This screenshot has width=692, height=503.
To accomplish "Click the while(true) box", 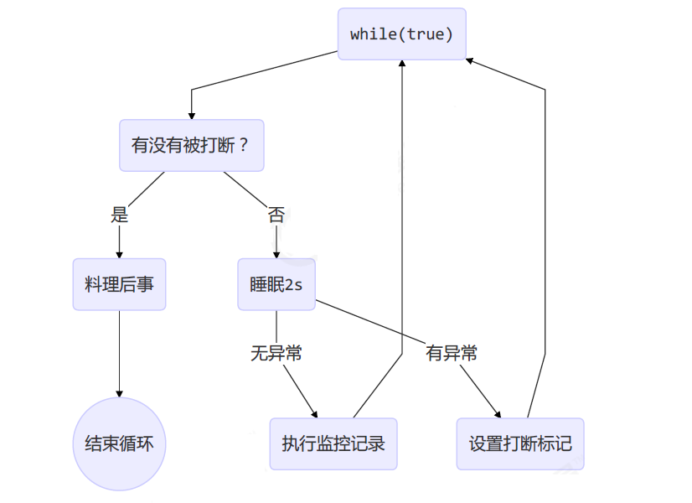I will pos(401,34).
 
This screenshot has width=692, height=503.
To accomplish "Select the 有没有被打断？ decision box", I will pos(192,144).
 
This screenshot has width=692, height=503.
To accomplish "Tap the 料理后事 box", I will pos(119,285).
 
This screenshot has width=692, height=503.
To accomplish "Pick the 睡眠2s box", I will pos(276,285).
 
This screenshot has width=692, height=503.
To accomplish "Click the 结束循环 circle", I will pos(119,443).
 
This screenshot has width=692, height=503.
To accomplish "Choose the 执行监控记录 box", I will pos(333,443).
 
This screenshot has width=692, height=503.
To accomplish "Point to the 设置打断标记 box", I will pos(520,443).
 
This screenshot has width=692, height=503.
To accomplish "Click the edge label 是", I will pos(119,215).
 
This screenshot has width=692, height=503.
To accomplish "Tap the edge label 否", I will pos(276,215).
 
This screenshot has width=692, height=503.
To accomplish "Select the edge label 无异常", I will pos(276,353).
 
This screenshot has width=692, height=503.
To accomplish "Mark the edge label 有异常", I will pos(452,353).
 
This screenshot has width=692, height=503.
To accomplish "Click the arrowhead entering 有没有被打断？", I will pos(192,115).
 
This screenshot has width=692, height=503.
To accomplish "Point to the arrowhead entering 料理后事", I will pos(119,255).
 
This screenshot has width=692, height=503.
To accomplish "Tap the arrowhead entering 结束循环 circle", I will pos(119,393).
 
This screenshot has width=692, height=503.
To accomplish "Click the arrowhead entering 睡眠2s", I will pos(276,255).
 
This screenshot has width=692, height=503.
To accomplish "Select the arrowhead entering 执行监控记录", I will pos(315,413).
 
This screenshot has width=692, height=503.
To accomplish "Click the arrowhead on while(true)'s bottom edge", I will pos(402,65).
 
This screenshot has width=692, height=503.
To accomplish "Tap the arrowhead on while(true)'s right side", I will pos(470,60).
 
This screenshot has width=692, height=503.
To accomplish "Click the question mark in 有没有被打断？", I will pos(244,144).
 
